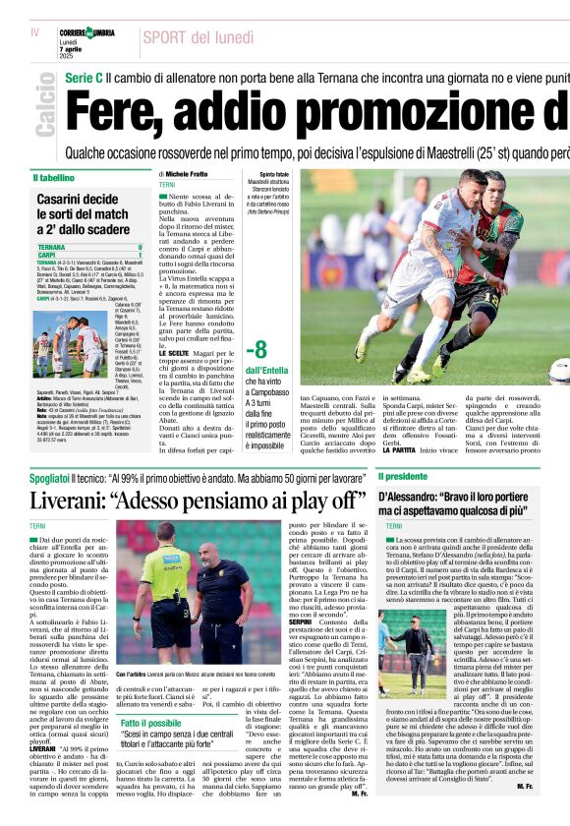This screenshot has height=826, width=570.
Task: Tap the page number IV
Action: pyautogui.click(x=35, y=31)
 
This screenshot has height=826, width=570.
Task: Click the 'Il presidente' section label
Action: pyautogui.click(x=405, y=475)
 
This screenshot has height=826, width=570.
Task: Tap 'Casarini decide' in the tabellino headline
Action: pyautogui.click(x=78, y=200)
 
